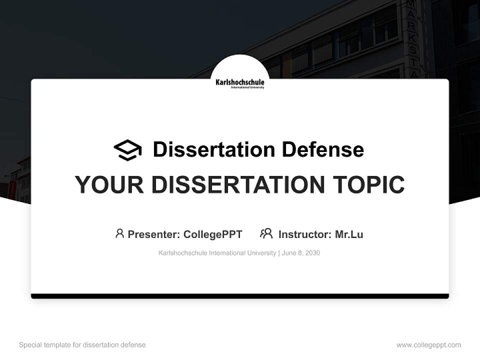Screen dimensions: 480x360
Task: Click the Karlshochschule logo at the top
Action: [x=239, y=83]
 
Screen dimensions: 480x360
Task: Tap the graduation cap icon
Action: [x=127, y=150]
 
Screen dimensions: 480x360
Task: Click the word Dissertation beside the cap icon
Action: [x=214, y=149]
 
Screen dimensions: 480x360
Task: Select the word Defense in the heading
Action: [x=322, y=149]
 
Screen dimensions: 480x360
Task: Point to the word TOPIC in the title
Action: [x=368, y=184]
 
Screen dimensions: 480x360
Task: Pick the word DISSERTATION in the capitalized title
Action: [x=238, y=184]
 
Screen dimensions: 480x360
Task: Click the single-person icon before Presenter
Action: [x=119, y=233]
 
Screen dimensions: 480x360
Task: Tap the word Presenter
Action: [x=153, y=234]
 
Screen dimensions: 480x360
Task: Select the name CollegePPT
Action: [x=213, y=234]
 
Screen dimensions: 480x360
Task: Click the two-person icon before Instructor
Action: [x=266, y=233]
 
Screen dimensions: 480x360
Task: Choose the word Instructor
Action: [x=305, y=234]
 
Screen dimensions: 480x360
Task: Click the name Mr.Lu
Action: [x=349, y=234]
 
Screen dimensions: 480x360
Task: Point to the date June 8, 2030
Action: [x=301, y=253]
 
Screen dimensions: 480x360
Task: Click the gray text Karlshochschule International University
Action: [x=217, y=253]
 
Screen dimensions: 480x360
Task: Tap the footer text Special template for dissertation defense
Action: [x=82, y=345]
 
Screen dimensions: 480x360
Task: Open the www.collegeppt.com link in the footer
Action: [x=428, y=345]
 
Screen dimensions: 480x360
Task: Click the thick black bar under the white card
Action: [x=240, y=296]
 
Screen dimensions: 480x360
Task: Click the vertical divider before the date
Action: [x=279, y=253]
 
